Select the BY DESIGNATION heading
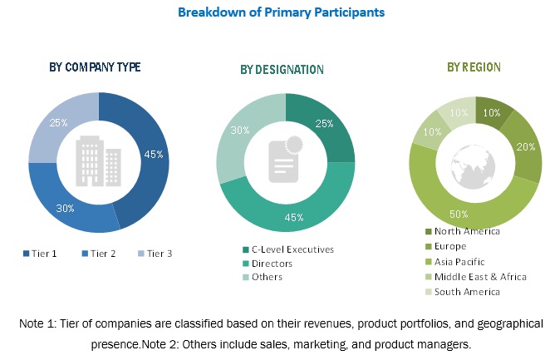pos(283,69)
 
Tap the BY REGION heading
pos(474,67)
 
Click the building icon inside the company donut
pos(98,161)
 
